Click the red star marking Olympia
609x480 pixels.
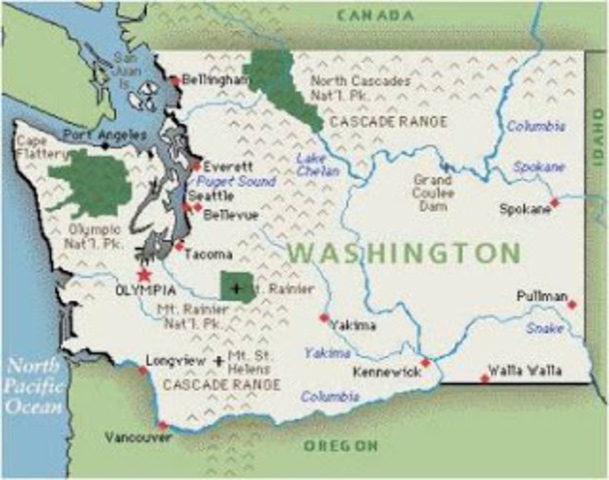145,273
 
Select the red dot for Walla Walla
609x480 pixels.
485,378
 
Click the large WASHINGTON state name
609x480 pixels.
403,252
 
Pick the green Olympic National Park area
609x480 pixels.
92,182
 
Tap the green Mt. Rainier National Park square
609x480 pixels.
237,288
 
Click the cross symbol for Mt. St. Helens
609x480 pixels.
219,360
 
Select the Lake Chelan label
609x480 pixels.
310,165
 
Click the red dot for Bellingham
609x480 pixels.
175,80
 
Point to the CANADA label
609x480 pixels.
375,15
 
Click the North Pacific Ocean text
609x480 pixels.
32,386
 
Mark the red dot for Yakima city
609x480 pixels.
323,318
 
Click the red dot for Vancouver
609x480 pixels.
163,426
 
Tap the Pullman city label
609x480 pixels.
542,297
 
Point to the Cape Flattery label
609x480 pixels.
37,148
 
